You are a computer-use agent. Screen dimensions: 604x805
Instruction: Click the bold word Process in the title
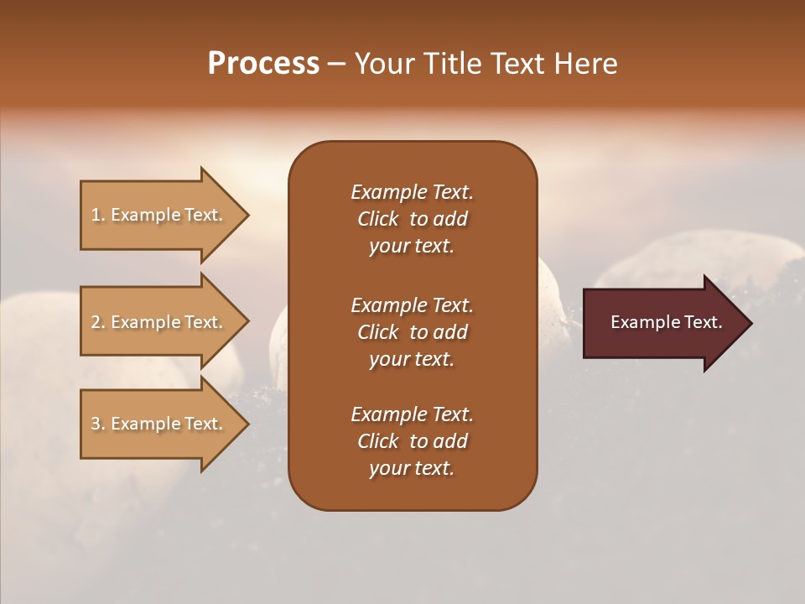pos(263,64)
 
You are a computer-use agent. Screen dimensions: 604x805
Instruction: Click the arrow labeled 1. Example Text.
pos(159,216)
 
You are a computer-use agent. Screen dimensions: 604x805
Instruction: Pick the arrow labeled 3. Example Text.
pos(159,424)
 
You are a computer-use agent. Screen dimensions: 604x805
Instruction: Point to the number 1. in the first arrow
pos(97,216)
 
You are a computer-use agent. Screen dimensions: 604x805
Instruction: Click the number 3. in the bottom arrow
pos(97,424)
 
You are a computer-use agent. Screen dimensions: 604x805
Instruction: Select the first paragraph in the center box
pos(412,219)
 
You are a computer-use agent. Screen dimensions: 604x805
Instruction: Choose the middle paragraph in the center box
pos(412,332)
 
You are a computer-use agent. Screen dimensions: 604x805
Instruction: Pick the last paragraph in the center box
pos(412,441)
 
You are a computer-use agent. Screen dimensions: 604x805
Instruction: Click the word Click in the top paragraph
pos(378,220)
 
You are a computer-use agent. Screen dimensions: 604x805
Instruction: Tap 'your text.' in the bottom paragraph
pos(412,469)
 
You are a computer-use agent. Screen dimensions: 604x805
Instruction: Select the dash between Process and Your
pos(336,64)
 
